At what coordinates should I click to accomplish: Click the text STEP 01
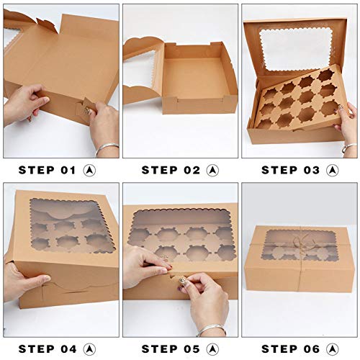pyautogui.click(x=47, y=170)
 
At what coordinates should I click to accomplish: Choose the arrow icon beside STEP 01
pyautogui.click(x=90, y=170)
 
